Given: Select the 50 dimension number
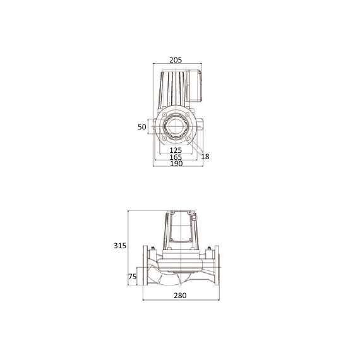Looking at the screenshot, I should [x=142, y=127].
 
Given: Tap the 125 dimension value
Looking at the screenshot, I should [x=176, y=150].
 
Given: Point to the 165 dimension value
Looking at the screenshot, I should [x=176, y=157].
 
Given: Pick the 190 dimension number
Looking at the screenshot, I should [x=176, y=164].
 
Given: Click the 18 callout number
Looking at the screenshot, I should [x=205, y=156].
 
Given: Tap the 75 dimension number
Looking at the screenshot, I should [x=133, y=276].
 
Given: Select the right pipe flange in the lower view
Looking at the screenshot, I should [x=215, y=273].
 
